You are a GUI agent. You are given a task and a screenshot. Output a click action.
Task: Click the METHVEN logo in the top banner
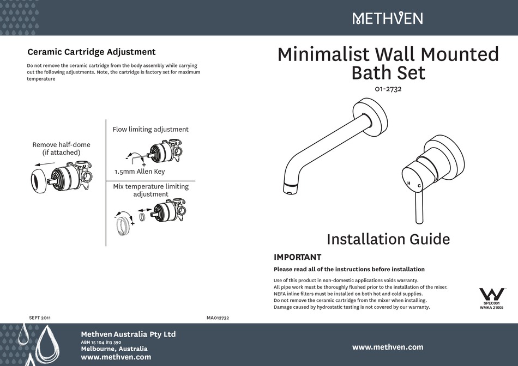pyautogui.click(x=387, y=19)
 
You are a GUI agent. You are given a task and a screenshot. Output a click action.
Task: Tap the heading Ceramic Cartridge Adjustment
pyautogui.click(x=91, y=52)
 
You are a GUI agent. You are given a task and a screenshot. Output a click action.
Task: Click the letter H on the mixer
pyautogui.click(x=407, y=182)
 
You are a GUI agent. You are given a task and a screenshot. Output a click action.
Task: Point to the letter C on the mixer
pyautogui.click(x=419, y=186)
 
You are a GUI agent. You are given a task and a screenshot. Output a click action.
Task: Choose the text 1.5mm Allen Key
pyautogui.click(x=140, y=172)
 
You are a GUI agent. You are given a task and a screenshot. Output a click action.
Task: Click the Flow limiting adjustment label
pyautogui.click(x=150, y=130)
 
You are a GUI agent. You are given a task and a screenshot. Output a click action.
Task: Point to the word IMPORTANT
pyautogui.click(x=297, y=257)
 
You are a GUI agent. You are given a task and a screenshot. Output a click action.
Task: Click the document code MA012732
pyautogui.click(x=218, y=317)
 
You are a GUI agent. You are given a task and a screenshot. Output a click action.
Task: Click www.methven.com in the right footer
pyautogui.click(x=388, y=347)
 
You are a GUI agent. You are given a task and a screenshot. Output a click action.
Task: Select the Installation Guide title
pyautogui.click(x=388, y=239)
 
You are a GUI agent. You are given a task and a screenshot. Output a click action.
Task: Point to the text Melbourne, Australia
pyautogui.click(x=114, y=349)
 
